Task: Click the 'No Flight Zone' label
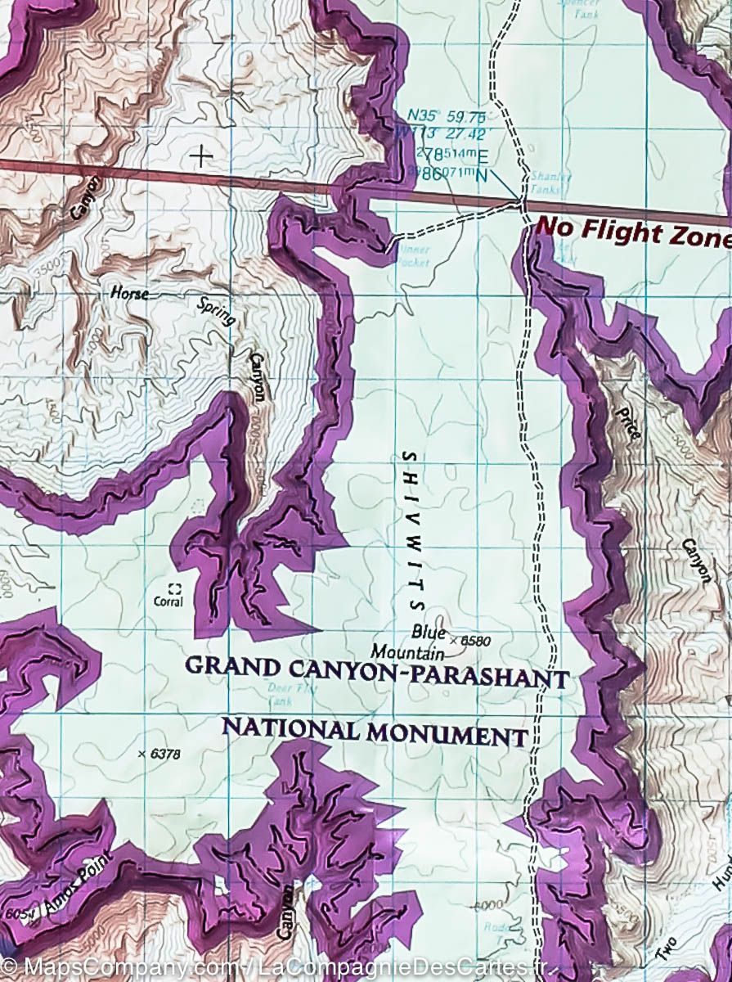pyautogui.click(x=631, y=232)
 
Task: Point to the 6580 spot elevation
pyautogui.click(x=474, y=641)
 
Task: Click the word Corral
pyautogui.click(x=168, y=602)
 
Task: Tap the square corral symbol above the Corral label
pyautogui.click(x=173, y=588)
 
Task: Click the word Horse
pyautogui.click(x=130, y=293)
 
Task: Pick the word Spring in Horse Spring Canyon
pyautogui.click(x=218, y=312)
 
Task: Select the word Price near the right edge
pyautogui.click(x=628, y=422)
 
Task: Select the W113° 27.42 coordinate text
pyautogui.click(x=445, y=135)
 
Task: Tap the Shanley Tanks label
pyautogui.click(x=546, y=182)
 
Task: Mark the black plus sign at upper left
pyautogui.click(x=200, y=155)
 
